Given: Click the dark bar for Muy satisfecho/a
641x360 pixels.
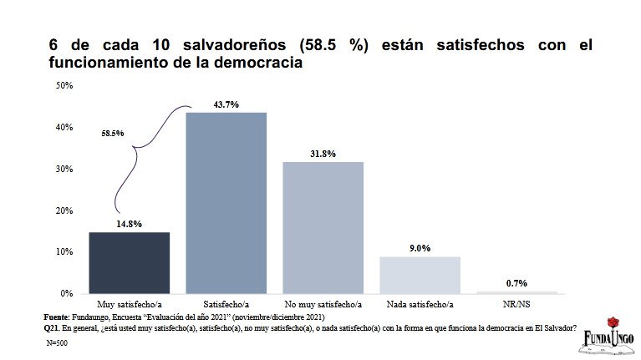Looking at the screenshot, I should tap(130, 262).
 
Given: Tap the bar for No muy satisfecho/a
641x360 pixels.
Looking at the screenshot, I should tap(323, 227).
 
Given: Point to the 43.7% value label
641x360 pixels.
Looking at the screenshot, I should tap(226, 104).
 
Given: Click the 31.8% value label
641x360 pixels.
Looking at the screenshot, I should tap(323, 154).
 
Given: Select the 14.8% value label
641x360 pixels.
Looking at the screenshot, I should tap(130, 224).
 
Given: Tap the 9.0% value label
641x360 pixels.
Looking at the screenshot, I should tap(420, 248).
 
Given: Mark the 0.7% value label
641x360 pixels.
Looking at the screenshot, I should tap(516, 283).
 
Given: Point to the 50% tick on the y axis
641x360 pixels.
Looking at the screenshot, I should tap(64, 85).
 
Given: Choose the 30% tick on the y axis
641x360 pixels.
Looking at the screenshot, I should tap(64, 169).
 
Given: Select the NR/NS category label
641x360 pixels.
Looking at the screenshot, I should tap(516, 304).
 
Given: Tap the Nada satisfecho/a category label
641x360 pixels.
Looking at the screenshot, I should tap(420, 304).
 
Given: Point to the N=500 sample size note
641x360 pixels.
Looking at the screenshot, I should tap(58, 342).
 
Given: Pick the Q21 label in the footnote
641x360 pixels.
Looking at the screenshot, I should tap(52, 327).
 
